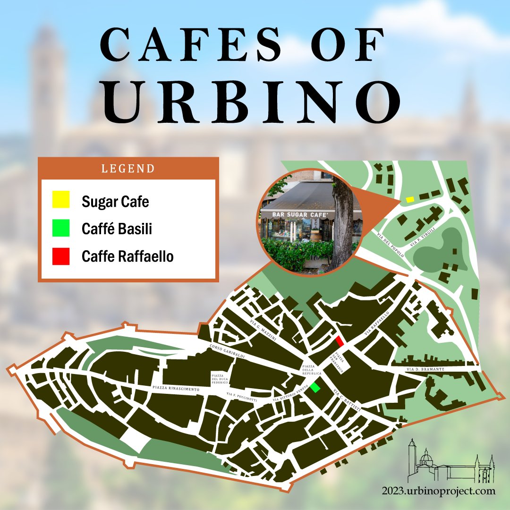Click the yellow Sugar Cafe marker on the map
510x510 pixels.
pyautogui.click(x=410, y=200)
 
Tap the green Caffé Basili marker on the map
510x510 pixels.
pyautogui.click(x=315, y=388)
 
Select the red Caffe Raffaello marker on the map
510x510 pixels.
pyautogui.click(x=339, y=342)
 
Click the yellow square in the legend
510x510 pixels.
pyautogui.click(x=61, y=200)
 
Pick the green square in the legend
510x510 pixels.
pyautogui.click(x=61, y=228)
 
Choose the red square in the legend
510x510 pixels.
pyautogui.click(x=61, y=256)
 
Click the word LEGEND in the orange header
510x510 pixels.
pyautogui.click(x=128, y=169)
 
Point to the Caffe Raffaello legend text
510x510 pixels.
pyautogui.click(x=127, y=257)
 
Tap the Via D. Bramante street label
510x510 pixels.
pyautogui.click(x=425, y=369)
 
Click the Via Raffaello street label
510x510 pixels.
pyautogui.click(x=376, y=323)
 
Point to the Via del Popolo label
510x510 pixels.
pyautogui.click(x=391, y=245)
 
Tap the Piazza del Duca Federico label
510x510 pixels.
pyautogui.click(x=220, y=379)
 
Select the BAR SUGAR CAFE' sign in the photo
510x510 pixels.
pyautogui.click(x=302, y=214)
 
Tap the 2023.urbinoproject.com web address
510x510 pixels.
pyautogui.click(x=439, y=491)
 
